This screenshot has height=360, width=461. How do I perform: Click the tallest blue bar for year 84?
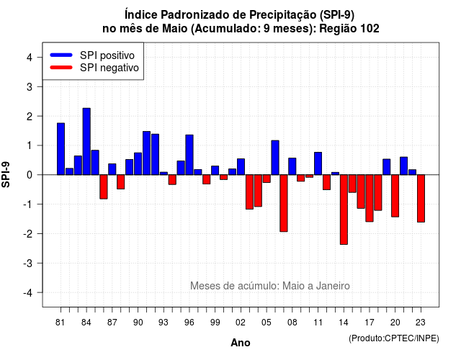(86, 141)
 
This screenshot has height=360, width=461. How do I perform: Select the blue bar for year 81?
(61, 149)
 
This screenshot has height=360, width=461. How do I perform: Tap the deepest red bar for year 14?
(344, 210)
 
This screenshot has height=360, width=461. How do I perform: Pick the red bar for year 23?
(421, 199)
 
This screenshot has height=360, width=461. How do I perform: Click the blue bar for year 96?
(189, 155)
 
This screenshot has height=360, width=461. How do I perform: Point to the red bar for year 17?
(370, 198)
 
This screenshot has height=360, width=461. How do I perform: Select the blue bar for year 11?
(318, 163)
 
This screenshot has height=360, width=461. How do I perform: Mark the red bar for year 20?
(395, 196)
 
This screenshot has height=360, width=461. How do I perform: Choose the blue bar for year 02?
(241, 166)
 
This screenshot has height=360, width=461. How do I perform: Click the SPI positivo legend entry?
(92, 55)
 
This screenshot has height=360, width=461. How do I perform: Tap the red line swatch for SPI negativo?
(61, 67)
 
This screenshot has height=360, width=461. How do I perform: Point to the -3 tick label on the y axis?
(29, 263)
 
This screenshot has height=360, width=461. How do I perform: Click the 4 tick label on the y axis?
(30, 58)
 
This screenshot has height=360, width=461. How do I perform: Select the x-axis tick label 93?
(164, 323)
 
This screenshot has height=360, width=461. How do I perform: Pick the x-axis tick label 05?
(267, 323)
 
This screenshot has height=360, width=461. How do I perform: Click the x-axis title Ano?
(241, 343)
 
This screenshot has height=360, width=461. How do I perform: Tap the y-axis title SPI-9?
(6, 174)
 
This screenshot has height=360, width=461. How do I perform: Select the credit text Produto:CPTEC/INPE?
(394, 338)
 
